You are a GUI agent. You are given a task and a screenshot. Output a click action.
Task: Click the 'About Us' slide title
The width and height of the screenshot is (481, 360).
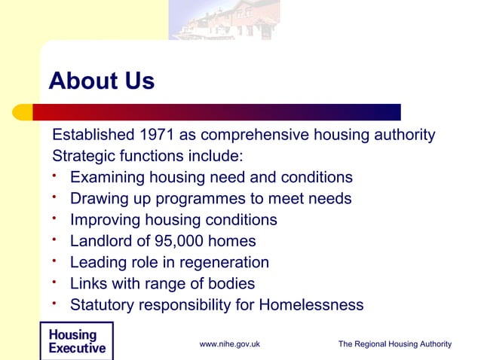point(101,81)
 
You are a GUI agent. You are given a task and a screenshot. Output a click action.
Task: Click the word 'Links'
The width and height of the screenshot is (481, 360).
point(88,284)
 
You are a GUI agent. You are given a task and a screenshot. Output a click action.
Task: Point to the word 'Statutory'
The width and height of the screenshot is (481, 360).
point(103,305)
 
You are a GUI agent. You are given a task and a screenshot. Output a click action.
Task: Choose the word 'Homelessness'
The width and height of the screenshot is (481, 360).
point(311,305)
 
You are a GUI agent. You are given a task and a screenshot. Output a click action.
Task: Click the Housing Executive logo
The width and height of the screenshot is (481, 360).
point(76,342)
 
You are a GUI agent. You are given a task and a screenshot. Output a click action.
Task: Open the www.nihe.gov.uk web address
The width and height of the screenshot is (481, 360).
point(230,344)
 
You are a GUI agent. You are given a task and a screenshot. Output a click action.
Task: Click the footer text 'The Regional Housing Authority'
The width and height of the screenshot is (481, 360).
point(394,344)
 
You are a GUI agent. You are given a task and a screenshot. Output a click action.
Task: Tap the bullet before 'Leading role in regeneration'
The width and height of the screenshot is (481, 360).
point(56,261)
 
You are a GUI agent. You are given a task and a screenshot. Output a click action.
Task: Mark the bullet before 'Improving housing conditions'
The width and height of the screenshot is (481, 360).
point(56,218)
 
